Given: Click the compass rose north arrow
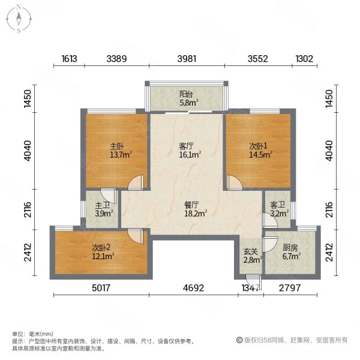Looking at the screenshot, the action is pyautogui.click(x=19, y=19).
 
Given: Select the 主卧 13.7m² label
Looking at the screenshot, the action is pyautogui.click(x=121, y=151).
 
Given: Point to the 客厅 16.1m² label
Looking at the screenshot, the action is pyautogui.click(x=190, y=151).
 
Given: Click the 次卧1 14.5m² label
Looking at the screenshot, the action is pyautogui.click(x=261, y=151).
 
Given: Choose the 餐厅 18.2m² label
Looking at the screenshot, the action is pyautogui.click(x=196, y=209).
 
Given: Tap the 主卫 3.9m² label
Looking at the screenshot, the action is pyautogui.click(x=104, y=209).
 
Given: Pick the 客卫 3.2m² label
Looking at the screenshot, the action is pyautogui.click(x=279, y=209).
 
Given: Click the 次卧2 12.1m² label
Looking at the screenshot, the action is pyautogui.click(x=103, y=251).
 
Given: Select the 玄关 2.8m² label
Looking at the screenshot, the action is pyautogui.click(x=253, y=256).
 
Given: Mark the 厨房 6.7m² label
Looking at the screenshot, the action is pyautogui.click(x=292, y=252).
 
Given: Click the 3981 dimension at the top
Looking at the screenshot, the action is pyautogui.click(x=187, y=59).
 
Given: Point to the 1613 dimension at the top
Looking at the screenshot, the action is pyautogui.click(x=69, y=59).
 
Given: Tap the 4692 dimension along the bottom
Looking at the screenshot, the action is pyautogui.click(x=193, y=287).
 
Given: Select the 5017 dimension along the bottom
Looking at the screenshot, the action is pyautogui.click(x=101, y=287).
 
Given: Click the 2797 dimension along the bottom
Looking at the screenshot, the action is pyautogui.click(x=290, y=287).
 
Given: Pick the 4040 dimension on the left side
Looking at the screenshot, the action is pyautogui.click(x=28, y=151).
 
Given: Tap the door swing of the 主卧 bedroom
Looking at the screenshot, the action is pyautogui.click(x=136, y=183).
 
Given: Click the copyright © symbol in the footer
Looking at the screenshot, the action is pyautogui.click(x=239, y=340).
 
